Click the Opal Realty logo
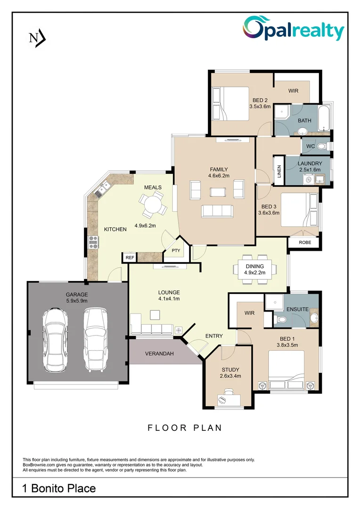click(x=294, y=30)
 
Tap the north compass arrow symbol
click(x=37, y=38)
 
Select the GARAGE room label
click(x=76, y=295)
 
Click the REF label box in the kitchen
click(x=130, y=258)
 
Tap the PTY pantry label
click(x=176, y=251)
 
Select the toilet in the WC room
click(x=322, y=147)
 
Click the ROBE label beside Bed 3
click(x=303, y=243)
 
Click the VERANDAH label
click(x=159, y=353)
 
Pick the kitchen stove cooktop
click(x=93, y=242)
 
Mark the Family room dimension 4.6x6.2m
click(x=218, y=176)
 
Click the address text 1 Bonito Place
click(x=59, y=488)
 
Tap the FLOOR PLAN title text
click(x=185, y=428)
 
